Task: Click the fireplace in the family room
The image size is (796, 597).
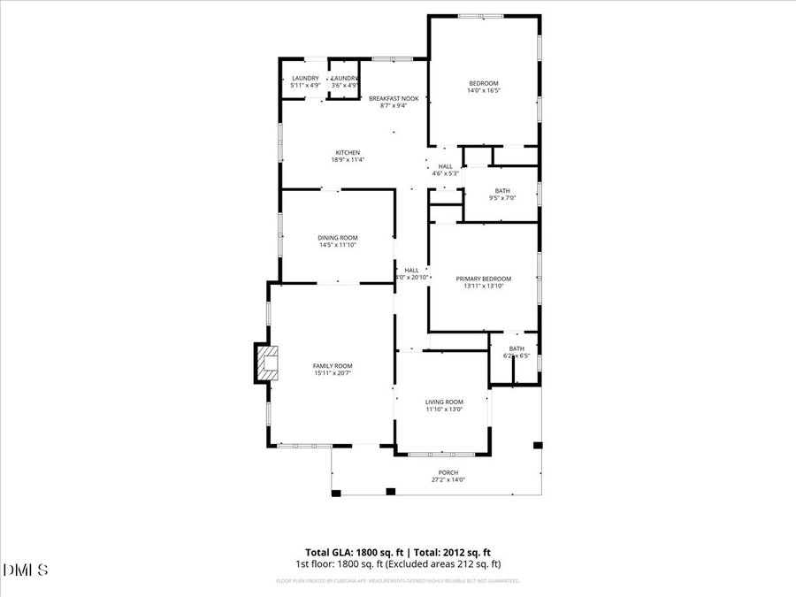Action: point(267,363)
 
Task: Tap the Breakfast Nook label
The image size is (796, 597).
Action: point(394,98)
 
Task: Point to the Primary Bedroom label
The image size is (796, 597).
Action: point(484,279)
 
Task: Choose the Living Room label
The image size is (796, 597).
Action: point(443,402)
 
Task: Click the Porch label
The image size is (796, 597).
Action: point(448,472)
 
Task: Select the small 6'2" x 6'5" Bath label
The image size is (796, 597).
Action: point(517,348)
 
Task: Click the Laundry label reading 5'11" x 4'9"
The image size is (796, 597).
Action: point(305,80)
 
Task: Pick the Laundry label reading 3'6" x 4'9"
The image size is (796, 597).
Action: point(345,80)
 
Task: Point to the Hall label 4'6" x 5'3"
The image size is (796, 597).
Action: point(445,166)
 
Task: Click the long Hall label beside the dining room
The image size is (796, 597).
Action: point(411,271)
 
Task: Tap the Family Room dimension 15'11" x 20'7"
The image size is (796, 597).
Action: point(333,374)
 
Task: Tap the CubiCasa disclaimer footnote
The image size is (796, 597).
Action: point(398,581)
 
